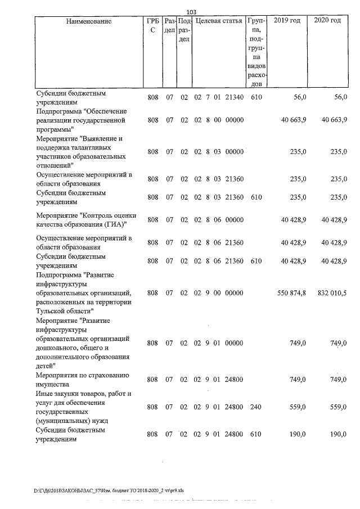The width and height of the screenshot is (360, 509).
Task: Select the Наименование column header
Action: tap(84, 21)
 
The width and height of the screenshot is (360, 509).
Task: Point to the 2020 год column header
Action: tap(328, 21)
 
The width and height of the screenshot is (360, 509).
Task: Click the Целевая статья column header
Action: tap(218, 21)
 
